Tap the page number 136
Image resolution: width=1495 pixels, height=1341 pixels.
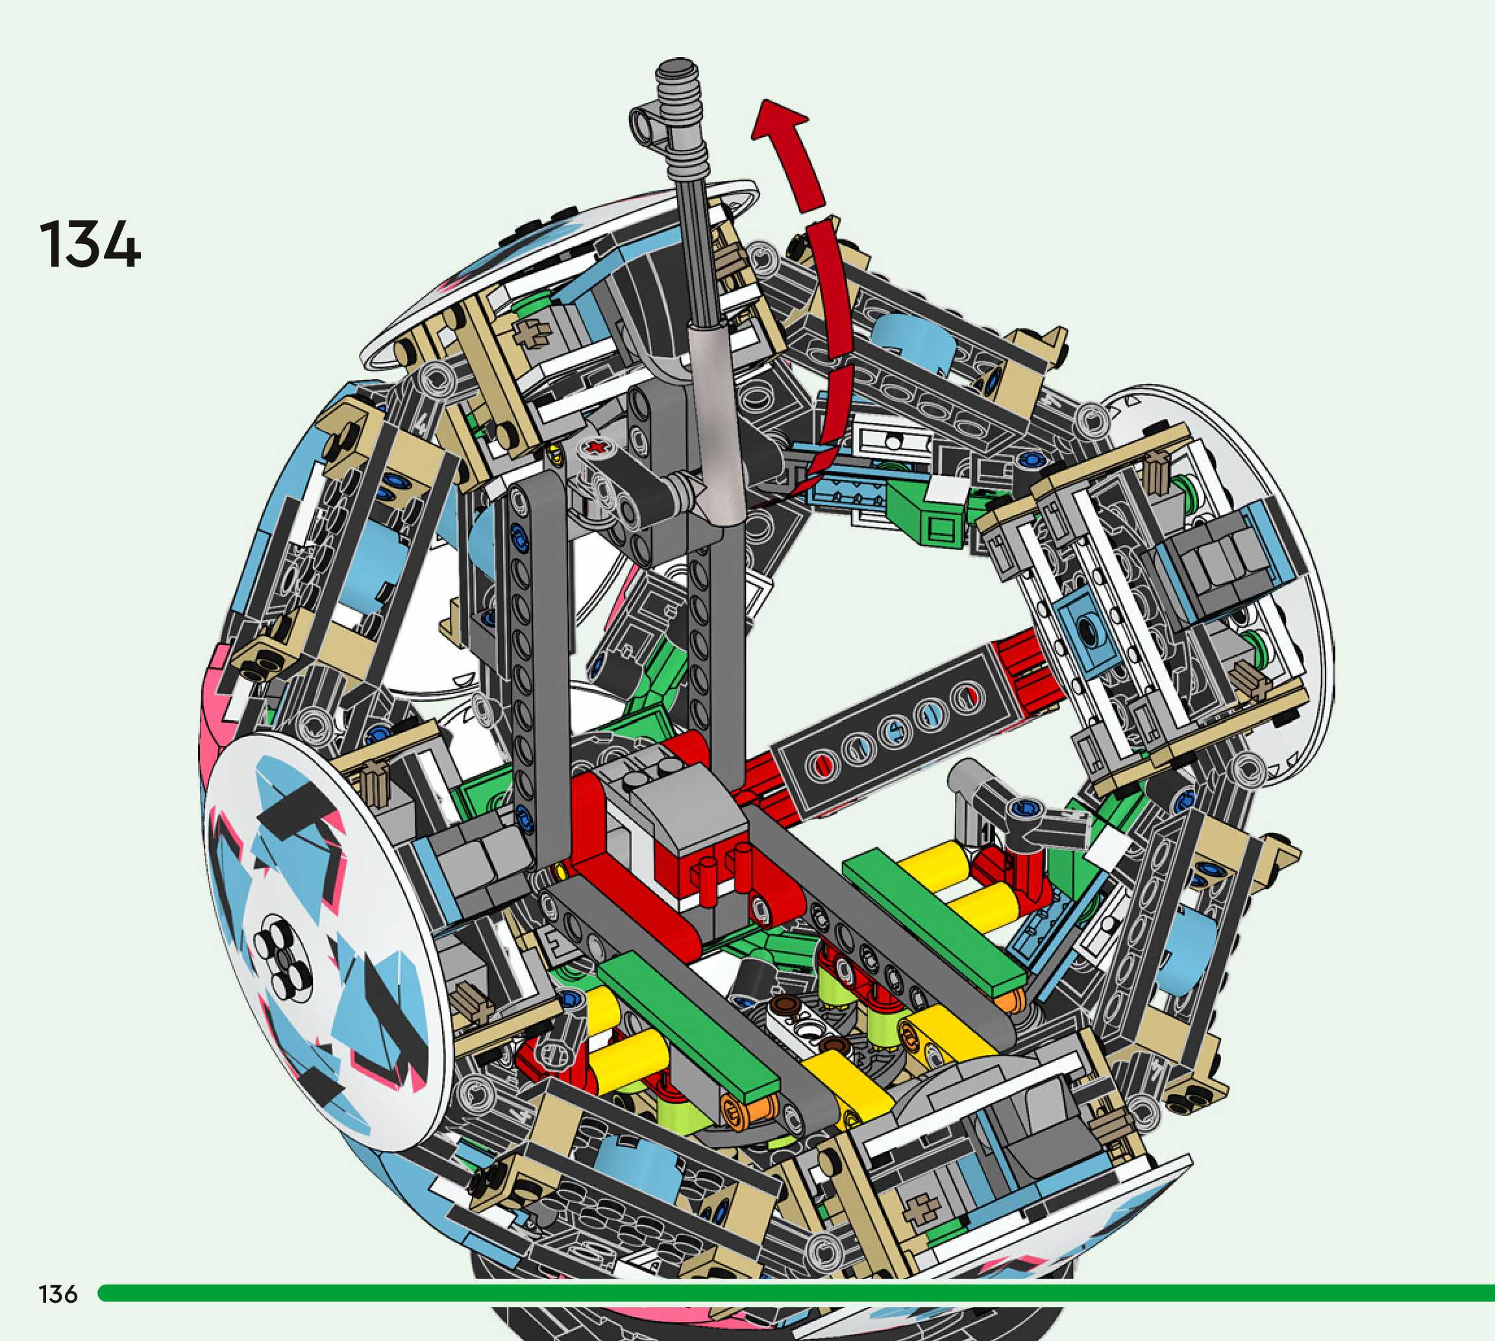tap(58, 1294)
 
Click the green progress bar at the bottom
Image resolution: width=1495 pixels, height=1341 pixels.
tap(796, 1292)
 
